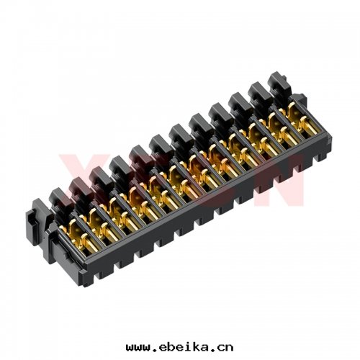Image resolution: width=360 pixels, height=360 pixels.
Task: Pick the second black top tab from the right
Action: (259, 91)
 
